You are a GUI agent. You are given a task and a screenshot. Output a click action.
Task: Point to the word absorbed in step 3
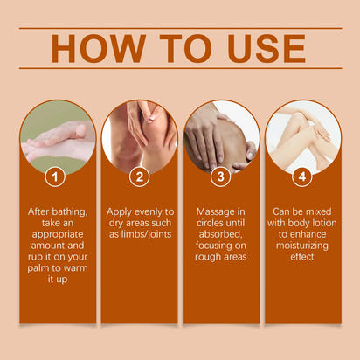(221, 235)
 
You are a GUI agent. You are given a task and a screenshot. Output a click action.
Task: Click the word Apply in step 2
(121, 211)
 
